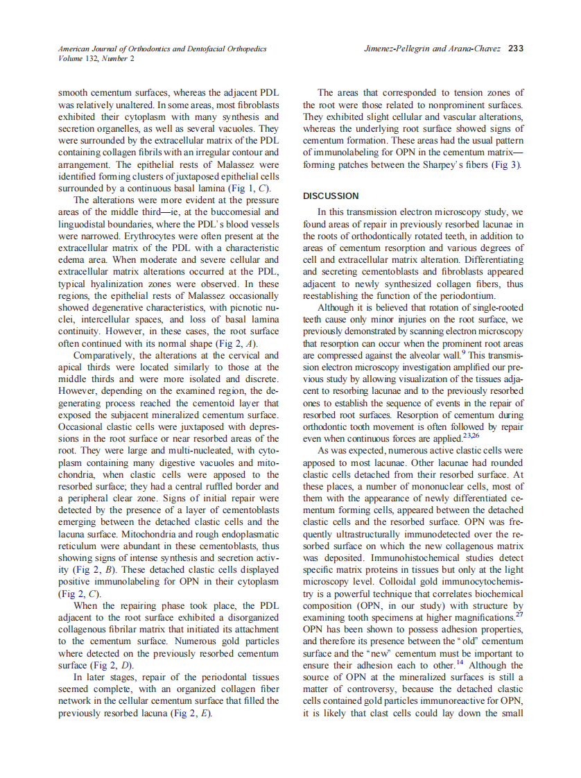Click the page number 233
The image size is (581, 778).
pyautogui.click(x=515, y=49)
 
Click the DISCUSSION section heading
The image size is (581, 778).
pyautogui.click(x=331, y=196)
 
